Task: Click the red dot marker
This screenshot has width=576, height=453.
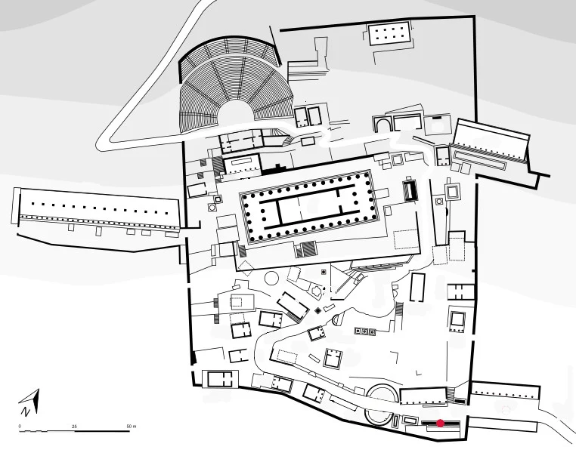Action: [x=441, y=423]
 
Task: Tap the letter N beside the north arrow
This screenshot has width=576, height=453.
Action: [x=26, y=411]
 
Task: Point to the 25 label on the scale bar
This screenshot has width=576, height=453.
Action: [x=74, y=427]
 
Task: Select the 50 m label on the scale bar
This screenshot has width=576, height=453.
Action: [x=130, y=427]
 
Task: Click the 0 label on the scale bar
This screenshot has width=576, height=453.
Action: [x=20, y=427]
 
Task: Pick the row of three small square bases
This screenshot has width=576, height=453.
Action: [x=365, y=331]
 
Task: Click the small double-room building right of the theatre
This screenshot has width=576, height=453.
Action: [x=308, y=116]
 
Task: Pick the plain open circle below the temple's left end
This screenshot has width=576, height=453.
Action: [x=270, y=278]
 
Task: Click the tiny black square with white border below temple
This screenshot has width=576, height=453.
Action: [x=324, y=271]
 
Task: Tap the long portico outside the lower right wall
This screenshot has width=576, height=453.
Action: [x=505, y=392]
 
